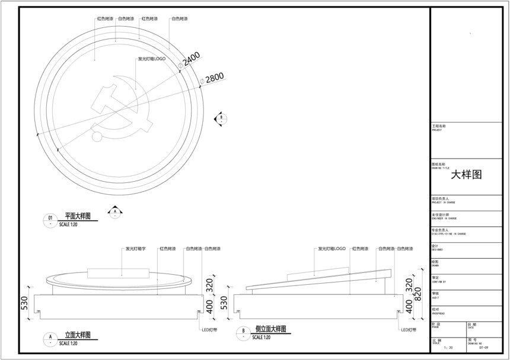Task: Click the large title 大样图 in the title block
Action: pos(466,175)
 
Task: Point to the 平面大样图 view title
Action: pos(76,217)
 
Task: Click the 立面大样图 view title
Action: pos(77,335)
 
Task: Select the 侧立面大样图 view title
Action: pos(270,329)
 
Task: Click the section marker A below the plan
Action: pos(115,210)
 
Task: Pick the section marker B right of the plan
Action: pos(221,118)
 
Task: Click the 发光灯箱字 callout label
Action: pos(136,249)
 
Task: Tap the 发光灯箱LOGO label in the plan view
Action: pos(151,59)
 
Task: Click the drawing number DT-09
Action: pos(483,348)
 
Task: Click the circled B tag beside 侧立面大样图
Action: pos(242,332)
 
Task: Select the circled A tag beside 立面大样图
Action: pos(50,339)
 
